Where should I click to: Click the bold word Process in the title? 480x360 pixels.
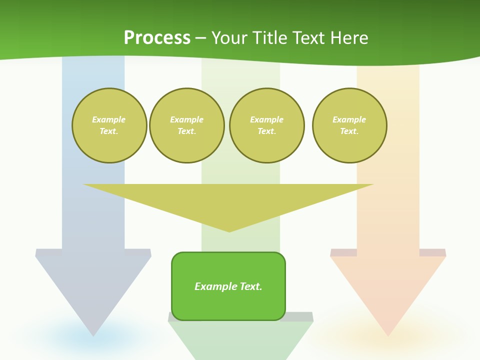pos(157,38)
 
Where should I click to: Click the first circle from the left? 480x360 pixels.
pos(109,125)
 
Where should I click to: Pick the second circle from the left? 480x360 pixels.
pos(186,125)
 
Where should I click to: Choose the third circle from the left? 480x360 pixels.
pos(266,125)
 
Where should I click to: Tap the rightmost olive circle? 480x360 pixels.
pos(349,125)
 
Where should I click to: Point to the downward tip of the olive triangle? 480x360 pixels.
pos(229,231)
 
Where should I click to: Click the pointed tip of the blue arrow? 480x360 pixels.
pos(93,334)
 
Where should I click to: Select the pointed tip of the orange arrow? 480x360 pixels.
pos(388,334)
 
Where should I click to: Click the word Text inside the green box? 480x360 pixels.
pos(251,286)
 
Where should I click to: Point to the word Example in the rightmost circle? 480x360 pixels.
pos(349,119)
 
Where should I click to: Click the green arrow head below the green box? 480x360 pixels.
pos(240,340)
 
